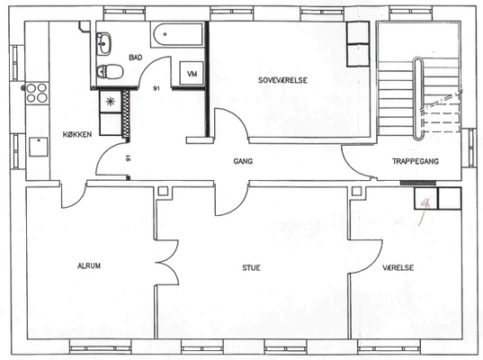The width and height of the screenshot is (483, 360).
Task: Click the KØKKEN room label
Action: click(x=77, y=134)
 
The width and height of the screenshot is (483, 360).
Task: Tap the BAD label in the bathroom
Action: click(x=136, y=58)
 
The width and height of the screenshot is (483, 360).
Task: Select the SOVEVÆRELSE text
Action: click(x=282, y=80)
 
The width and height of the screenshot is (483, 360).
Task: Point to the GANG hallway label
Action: click(x=243, y=161)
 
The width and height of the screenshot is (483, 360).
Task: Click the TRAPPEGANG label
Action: click(x=416, y=161)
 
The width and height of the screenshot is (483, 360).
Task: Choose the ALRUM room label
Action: click(x=89, y=265)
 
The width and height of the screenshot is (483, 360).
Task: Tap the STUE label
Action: click(x=251, y=267)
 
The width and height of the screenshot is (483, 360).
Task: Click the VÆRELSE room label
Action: click(x=398, y=267)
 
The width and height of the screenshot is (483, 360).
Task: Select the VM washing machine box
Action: click(x=192, y=74)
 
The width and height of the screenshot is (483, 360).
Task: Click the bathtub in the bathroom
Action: click(x=178, y=34)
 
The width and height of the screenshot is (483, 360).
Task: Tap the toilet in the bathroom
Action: click(x=110, y=71)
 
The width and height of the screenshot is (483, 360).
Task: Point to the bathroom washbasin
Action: click(x=103, y=44)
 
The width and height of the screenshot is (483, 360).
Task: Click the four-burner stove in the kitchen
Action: click(x=37, y=93)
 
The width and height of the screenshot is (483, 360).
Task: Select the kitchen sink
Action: click(x=38, y=147)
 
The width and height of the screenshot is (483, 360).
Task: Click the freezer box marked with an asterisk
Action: click(x=111, y=101)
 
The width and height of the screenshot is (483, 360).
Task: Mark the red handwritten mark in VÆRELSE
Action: click(x=425, y=210)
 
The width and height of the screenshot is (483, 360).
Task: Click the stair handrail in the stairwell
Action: click(x=417, y=99)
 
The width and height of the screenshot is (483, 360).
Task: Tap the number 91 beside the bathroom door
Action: click(x=157, y=88)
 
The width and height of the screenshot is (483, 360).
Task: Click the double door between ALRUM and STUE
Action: click(x=167, y=262)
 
